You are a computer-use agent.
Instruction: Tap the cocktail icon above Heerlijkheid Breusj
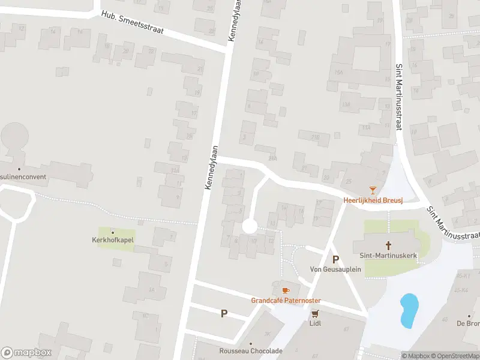click(x=373, y=190)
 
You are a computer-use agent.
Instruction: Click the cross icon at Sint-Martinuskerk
click(x=389, y=245)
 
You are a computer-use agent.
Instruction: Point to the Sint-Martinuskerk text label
click(x=389, y=255)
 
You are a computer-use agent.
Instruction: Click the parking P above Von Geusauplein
click(x=336, y=259)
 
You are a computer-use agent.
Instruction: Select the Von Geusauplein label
click(x=335, y=269)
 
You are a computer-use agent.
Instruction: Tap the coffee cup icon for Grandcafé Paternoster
click(x=286, y=290)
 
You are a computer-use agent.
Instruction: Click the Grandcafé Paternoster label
click(x=286, y=301)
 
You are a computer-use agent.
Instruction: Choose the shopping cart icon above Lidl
click(x=314, y=313)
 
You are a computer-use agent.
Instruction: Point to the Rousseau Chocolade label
click(x=251, y=351)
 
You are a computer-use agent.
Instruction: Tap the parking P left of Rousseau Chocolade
click(x=224, y=313)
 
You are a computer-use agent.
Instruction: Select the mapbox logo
click(x=26, y=353)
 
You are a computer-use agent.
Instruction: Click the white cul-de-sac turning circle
click(x=249, y=227)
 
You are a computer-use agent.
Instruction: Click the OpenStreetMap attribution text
click(x=455, y=356)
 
